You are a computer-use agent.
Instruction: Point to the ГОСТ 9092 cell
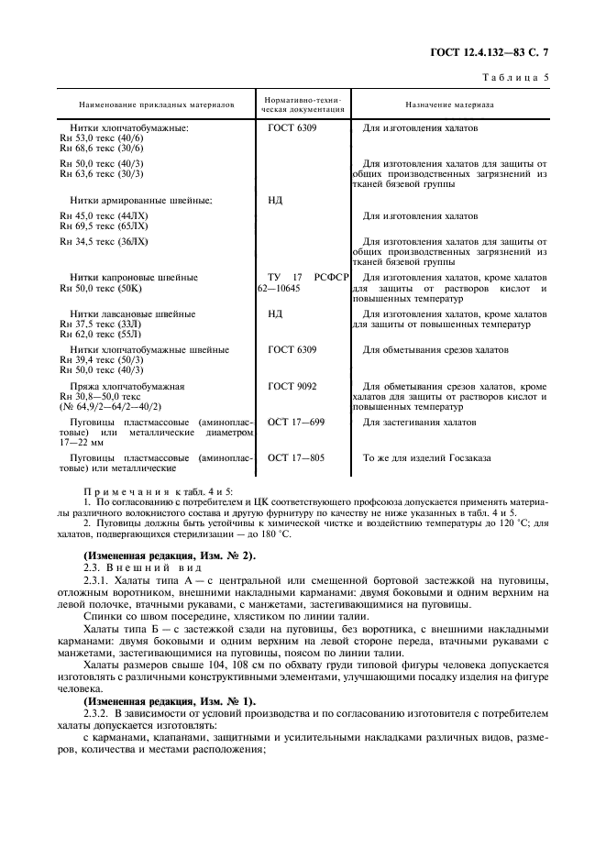click(x=292, y=387)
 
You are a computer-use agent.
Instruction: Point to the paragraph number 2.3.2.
click(x=96, y=712)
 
